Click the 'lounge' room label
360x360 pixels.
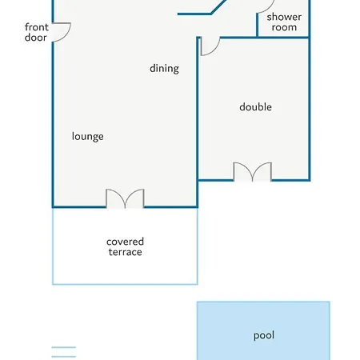88,137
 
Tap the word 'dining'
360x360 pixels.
164,69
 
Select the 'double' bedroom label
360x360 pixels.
255,107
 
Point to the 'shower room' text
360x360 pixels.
284,22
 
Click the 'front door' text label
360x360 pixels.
37,32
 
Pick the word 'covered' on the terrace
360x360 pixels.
125,242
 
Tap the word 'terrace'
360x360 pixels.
125,252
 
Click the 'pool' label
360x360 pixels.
264,335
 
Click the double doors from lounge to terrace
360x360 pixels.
125,198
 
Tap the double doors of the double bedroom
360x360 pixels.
253,172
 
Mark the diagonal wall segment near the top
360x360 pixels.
218,6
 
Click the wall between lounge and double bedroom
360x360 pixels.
198,122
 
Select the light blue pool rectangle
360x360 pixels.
263,330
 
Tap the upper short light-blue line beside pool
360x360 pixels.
64,347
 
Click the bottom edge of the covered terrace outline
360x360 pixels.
125,284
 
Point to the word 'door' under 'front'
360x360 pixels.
35,38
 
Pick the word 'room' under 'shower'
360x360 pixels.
284,27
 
